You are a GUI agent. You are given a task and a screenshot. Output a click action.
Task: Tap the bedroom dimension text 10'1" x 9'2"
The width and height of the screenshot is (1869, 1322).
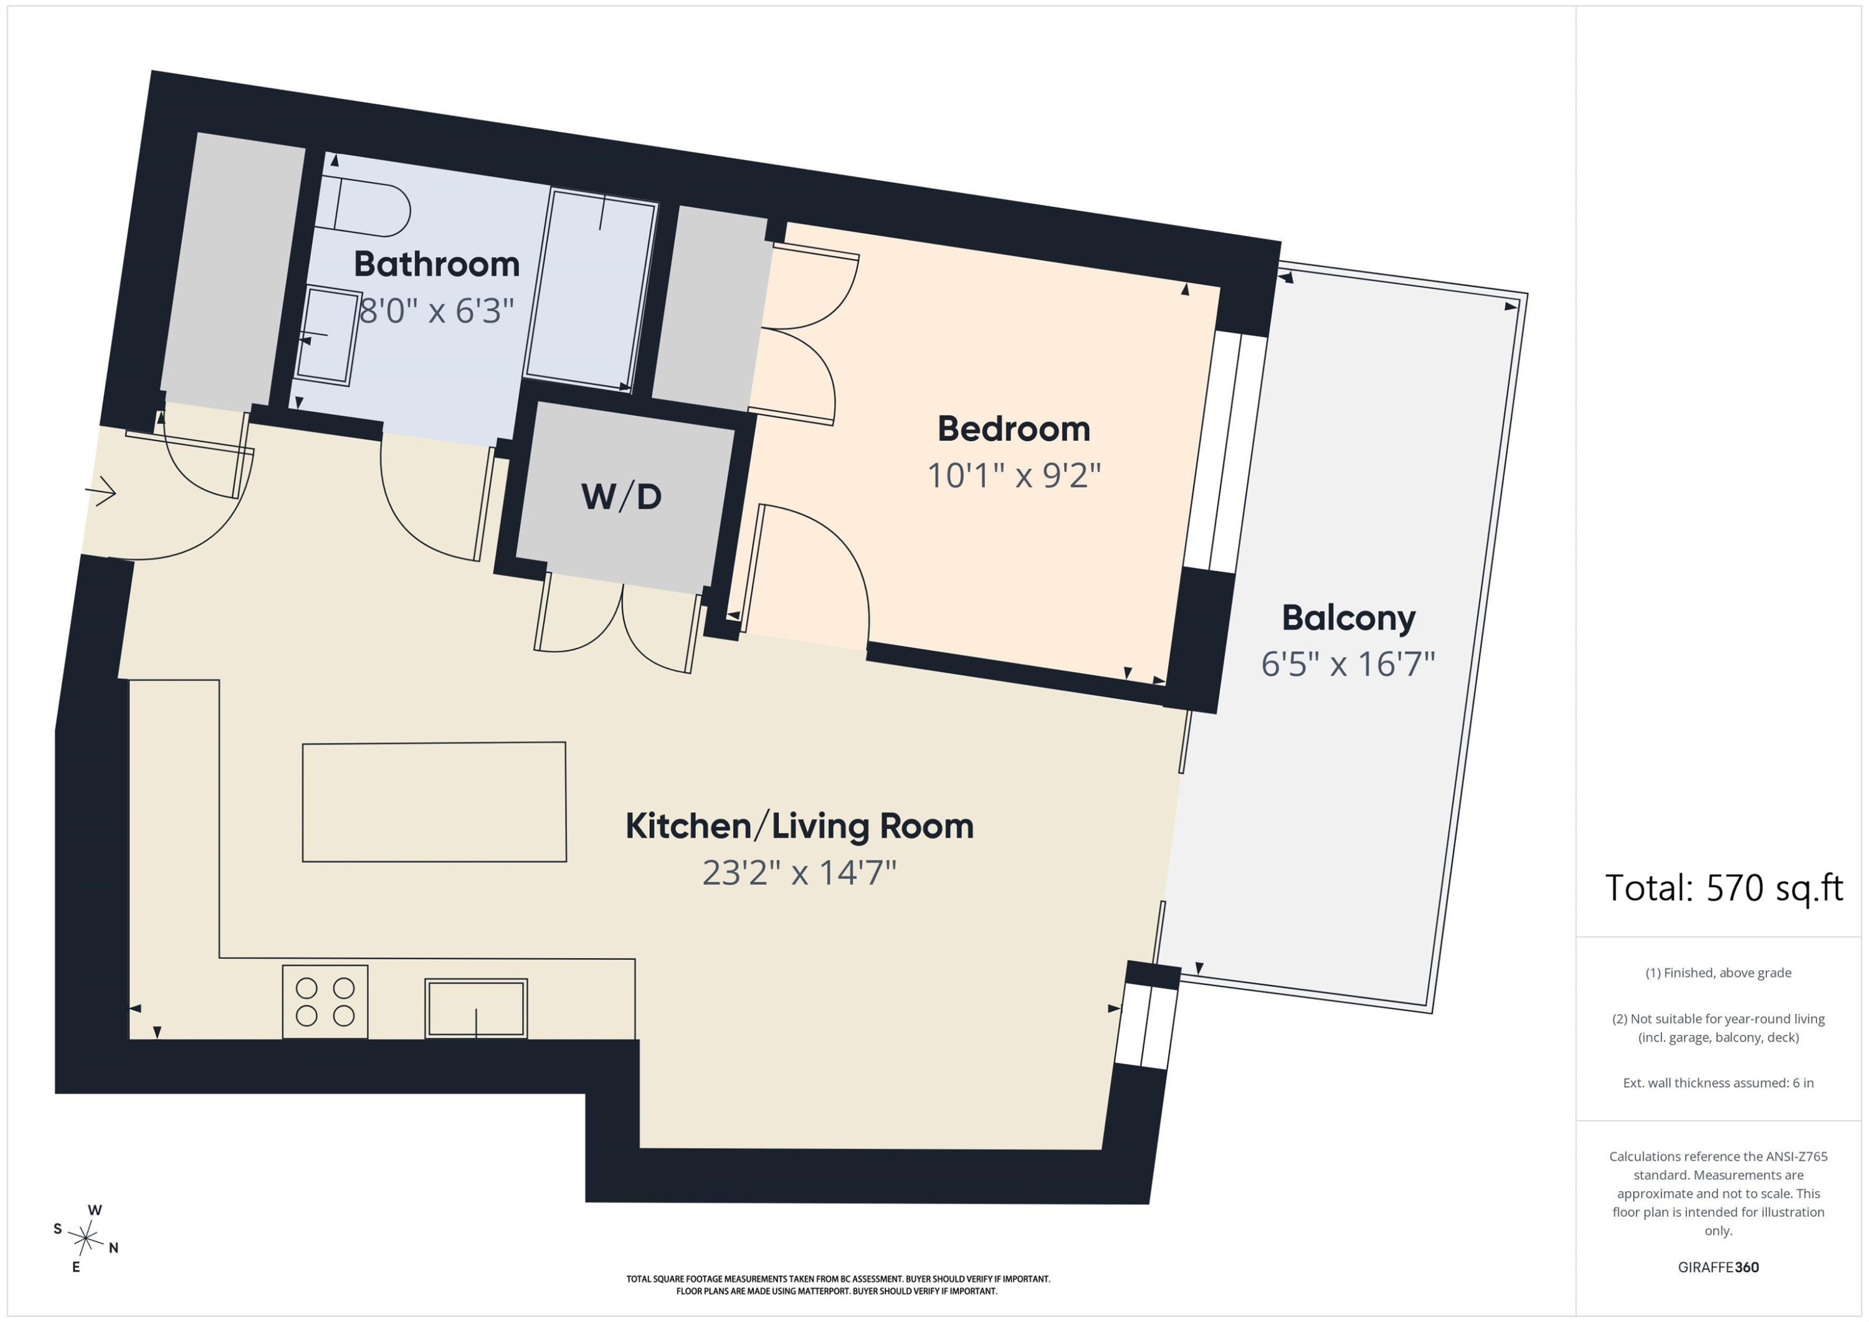1014,475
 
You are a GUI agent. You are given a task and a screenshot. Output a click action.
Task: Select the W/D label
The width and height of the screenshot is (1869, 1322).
621,496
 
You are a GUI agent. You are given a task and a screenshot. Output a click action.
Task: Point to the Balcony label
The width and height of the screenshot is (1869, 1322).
1348,618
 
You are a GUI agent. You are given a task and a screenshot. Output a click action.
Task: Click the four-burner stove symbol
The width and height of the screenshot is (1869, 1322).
325,1001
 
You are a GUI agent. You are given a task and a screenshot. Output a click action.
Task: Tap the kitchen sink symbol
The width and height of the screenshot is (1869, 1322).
476,1008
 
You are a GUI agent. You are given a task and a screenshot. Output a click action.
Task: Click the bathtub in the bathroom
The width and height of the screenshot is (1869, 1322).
590,290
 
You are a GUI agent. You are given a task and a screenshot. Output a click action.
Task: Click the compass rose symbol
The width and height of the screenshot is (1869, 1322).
85,1238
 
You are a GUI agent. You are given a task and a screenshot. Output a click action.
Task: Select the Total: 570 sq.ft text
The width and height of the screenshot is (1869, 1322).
1723,888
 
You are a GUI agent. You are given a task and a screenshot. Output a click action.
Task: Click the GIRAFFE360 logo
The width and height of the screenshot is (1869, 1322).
1718,1267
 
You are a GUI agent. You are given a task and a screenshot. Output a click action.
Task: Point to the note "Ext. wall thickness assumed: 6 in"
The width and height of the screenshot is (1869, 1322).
1718,1083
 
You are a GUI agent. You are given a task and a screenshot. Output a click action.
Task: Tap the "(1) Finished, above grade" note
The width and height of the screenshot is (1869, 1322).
1718,972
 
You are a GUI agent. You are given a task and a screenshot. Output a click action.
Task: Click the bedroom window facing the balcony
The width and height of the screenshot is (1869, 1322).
1225,452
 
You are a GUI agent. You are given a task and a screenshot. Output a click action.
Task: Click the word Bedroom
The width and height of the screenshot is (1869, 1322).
1014,429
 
